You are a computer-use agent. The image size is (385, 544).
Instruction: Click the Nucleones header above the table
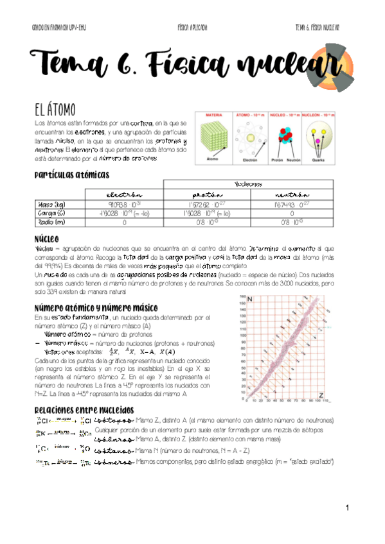(x=249, y=184)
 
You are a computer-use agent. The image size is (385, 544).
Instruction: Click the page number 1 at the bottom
(x=346, y=508)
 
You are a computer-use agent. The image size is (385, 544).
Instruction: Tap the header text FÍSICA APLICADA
(x=192, y=28)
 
